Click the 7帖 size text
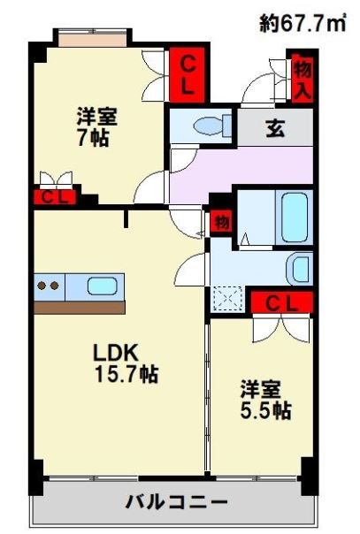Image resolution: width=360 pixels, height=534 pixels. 93,138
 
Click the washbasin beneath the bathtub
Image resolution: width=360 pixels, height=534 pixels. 299,268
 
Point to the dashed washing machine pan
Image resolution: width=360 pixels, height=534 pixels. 227,300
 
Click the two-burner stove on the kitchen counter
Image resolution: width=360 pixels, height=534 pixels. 49,286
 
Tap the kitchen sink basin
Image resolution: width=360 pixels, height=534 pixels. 102,286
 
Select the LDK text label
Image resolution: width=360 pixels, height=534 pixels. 117,352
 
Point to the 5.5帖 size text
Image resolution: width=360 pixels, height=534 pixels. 265,410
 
